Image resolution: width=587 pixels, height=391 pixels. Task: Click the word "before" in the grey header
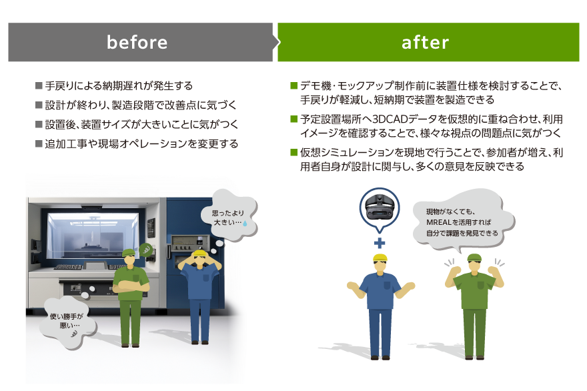[x=137, y=43]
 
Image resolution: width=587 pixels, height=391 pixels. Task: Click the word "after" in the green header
[x=426, y=43]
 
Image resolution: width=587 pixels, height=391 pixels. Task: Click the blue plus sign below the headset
[x=380, y=243]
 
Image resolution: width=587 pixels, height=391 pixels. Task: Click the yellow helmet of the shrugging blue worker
[x=380, y=258]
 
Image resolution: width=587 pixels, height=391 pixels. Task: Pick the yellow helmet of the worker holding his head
[x=200, y=255]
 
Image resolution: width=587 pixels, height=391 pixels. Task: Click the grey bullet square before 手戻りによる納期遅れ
[x=39, y=86]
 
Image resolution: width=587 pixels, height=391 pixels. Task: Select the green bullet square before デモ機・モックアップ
[x=293, y=86]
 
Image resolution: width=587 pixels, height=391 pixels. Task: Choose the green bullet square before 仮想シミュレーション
[x=293, y=153]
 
